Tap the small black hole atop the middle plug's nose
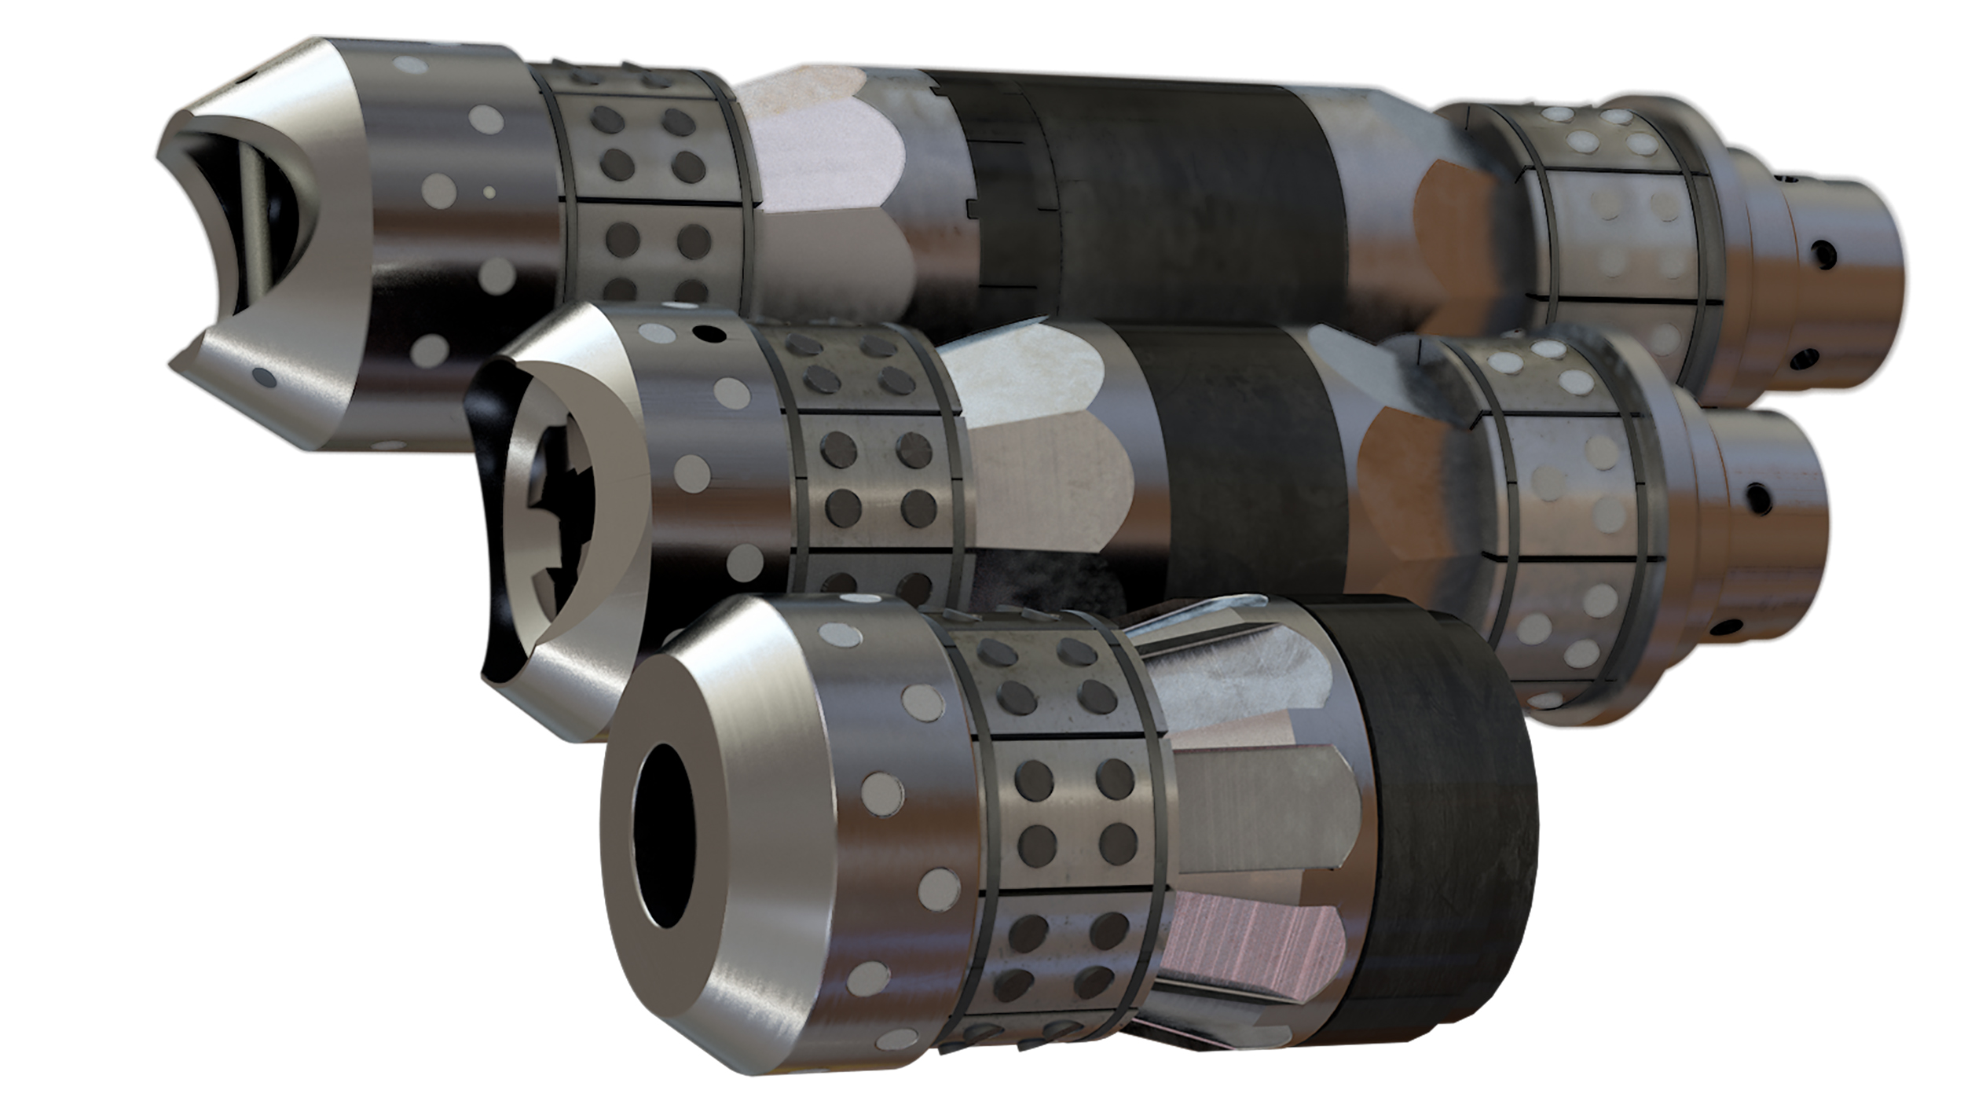click(712, 333)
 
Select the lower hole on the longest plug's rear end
click(1804, 358)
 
